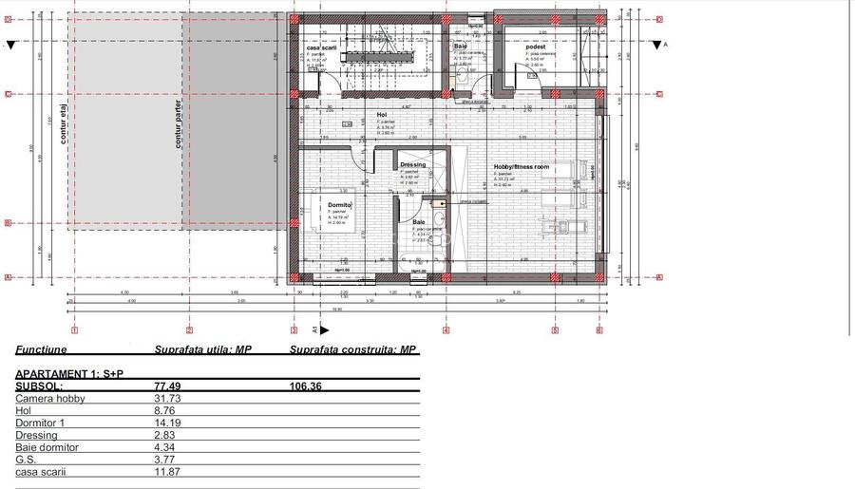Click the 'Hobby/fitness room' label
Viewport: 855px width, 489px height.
point(521,167)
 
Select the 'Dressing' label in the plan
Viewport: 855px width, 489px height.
point(412,164)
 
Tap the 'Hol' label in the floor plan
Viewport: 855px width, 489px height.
point(382,115)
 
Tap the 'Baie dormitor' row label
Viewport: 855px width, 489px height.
point(47,447)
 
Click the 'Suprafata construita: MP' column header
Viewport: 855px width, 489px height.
point(353,349)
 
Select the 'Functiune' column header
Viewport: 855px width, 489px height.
point(40,349)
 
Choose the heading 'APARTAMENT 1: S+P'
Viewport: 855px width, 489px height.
point(69,374)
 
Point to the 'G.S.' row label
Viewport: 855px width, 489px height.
point(27,460)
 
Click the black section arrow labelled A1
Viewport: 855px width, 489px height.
point(324,330)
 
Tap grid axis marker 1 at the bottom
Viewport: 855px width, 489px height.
point(74,330)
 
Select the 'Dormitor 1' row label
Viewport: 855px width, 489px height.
point(40,423)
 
